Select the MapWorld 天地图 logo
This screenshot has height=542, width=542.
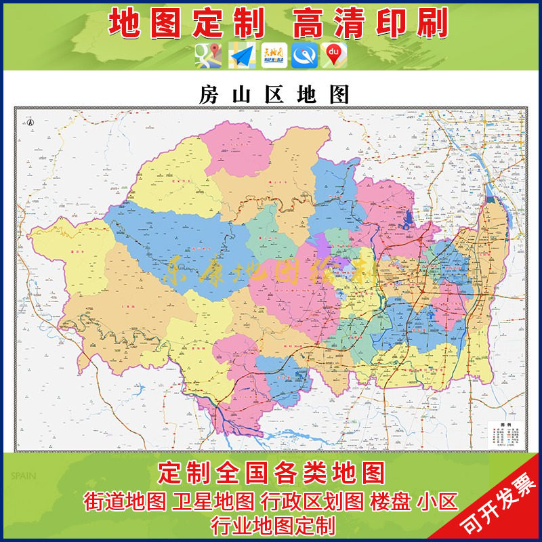tap(273, 56)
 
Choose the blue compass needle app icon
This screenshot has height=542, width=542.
tap(304, 56)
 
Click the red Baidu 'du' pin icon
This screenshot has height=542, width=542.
tap(333, 56)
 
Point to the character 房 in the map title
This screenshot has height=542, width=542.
tap(208, 95)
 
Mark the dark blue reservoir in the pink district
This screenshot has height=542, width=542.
tap(409, 220)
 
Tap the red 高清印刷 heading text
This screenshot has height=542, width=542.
tap(370, 23)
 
